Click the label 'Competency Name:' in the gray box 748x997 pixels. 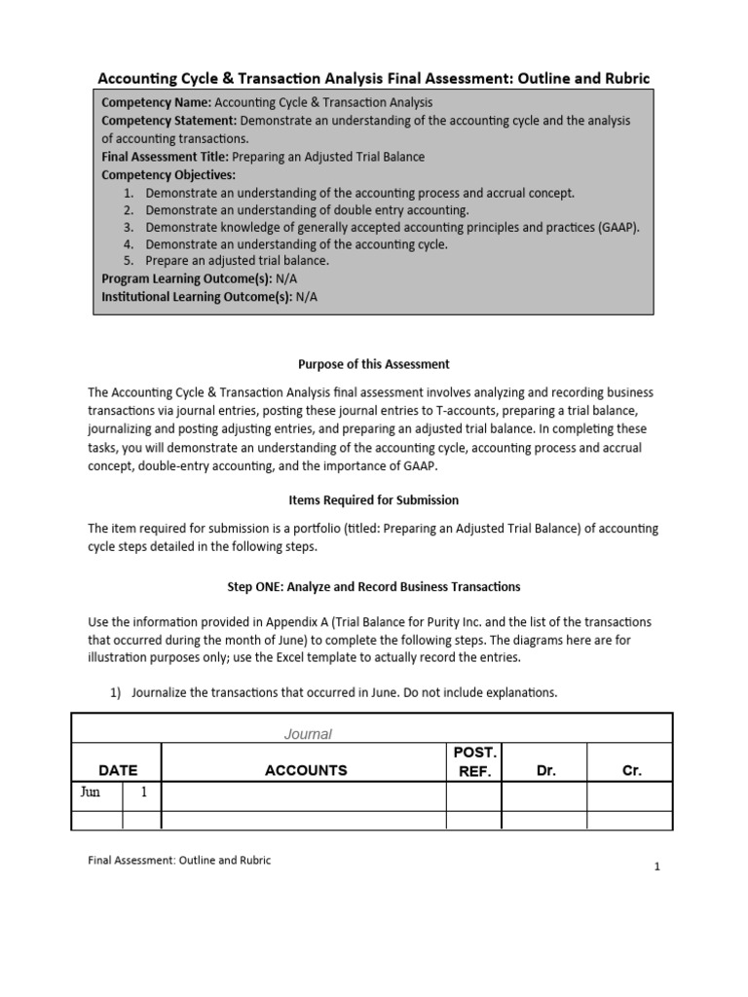(x=156, y=102)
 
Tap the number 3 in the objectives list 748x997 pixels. (x=128, y=227)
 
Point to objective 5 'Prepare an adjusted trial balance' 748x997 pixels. (x=237, y=262)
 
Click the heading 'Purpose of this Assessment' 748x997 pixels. (x=373, y=364)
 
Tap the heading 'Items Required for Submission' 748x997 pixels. (x=373, y=499)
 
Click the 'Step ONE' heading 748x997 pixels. (x=373, y=587)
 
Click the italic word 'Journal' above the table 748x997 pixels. (x=308, y=734)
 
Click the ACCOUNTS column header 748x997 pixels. (x=305, y=770)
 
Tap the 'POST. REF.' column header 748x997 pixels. (x=473, y=762)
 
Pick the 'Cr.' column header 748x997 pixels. (x=631, y=770)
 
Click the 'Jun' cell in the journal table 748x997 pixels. (x=90, y=793)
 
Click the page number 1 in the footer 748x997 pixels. (x=657, y=868)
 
